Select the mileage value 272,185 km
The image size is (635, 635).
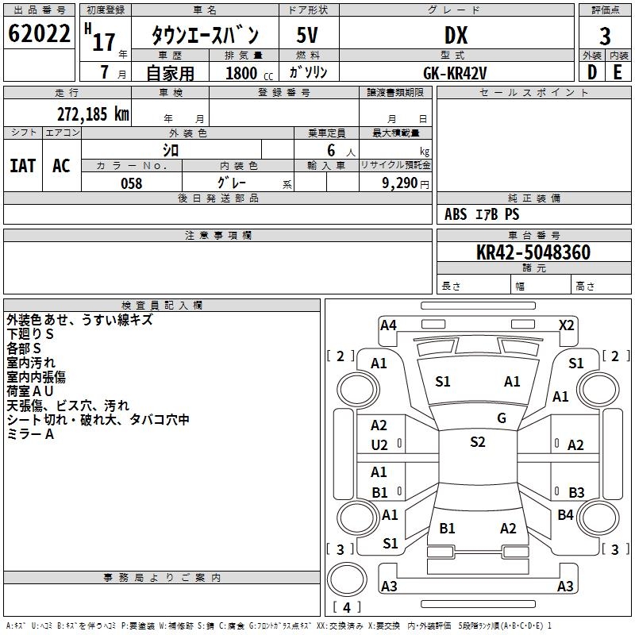click(93, 114)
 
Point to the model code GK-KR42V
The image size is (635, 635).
click(456, 73)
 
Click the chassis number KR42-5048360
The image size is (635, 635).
click(533, 252)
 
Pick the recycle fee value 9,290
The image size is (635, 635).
click(398, 183)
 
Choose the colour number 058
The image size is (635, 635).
click(131, 183)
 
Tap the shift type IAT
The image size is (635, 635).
click(22, 165)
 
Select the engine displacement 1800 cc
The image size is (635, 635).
click(242, 73)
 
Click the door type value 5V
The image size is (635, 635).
click(308, 36)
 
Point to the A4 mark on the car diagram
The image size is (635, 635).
click(388, 325)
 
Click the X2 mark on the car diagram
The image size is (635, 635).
click(566, 325)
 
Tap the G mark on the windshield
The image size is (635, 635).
click(502, 418)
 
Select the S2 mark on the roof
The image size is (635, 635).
click(477, 442)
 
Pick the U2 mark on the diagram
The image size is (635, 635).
click(379, 445)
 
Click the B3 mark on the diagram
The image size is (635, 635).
click(576, 493)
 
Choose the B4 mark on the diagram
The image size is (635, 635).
click(565, 515)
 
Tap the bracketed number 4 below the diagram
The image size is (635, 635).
click(347, 608)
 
